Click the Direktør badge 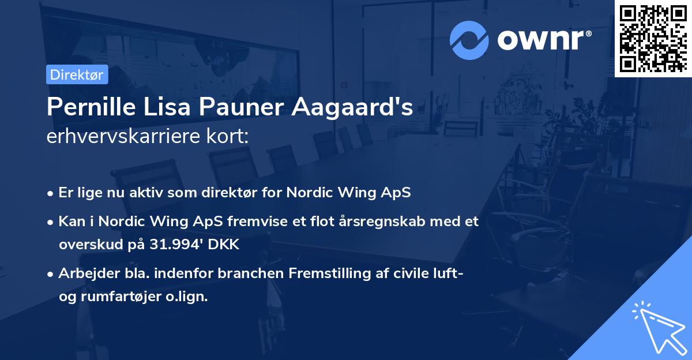pyautogui.click(x=76, y=74)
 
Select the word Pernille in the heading pyautogui.click(x=87, y=107)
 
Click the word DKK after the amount pyautogui.click(x=222, y=245)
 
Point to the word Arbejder pyautogui.click(x=84, y=273)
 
